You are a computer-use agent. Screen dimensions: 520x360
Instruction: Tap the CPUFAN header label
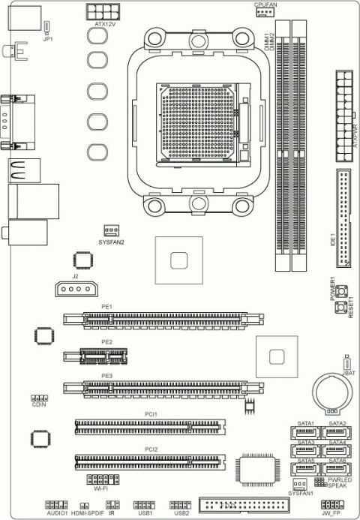point(266,4)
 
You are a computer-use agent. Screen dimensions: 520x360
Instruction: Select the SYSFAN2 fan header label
point(111,242)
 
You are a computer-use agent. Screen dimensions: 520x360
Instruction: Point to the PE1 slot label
point(106,307)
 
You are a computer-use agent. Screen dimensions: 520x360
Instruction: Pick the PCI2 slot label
point(151,449)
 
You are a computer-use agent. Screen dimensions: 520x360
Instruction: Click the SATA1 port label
point(305,423)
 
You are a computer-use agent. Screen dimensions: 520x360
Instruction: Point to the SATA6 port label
point(337,461)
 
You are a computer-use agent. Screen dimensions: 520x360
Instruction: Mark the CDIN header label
point(40,405)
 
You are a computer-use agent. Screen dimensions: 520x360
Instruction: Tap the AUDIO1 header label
point(57,513)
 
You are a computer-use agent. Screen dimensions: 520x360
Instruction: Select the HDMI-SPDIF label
point(86,513)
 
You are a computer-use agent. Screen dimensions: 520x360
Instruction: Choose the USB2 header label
point(181,513)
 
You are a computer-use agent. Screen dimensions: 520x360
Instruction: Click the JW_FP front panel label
point(331,513)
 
